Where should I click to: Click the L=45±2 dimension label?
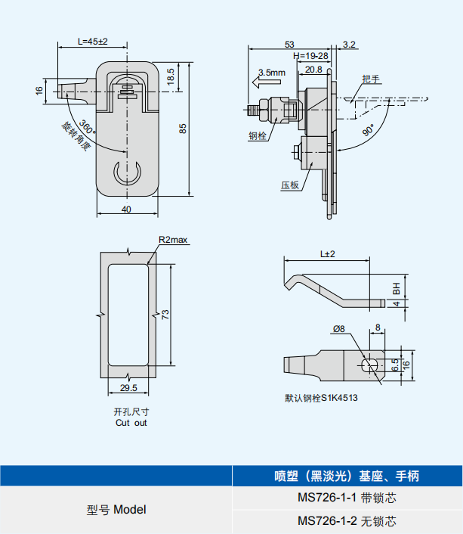(93, 42)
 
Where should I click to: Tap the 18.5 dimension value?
(171, 76)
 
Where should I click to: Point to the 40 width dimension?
(126, 209)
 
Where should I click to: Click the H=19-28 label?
(310, 57)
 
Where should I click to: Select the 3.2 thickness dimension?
(349, 45)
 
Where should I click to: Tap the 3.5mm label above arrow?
(271, 73)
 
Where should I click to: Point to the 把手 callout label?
(370, 79)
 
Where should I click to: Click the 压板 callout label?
(291, 184)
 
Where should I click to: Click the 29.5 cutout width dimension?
(128, 388)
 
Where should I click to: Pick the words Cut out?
(131, 423)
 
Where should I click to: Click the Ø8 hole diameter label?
(338, 329)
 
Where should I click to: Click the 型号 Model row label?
(116, 510)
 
